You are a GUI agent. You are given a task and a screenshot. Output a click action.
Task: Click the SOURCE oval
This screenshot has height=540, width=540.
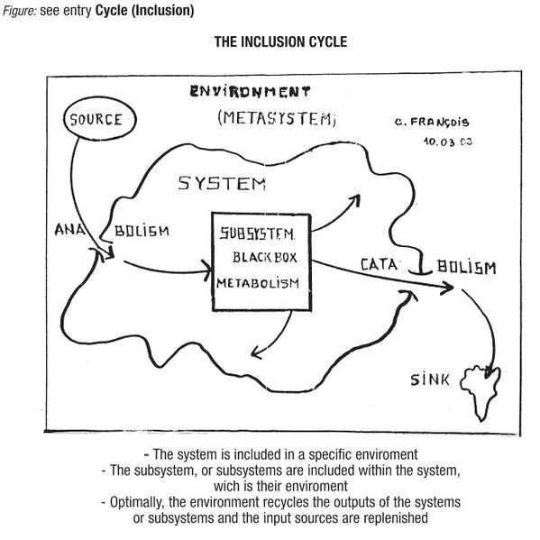pos(96,120)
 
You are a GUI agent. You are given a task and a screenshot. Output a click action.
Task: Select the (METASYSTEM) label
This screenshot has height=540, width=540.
pos(276,119)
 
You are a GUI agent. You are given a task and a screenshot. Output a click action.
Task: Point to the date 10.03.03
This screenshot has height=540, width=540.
pos(447,141)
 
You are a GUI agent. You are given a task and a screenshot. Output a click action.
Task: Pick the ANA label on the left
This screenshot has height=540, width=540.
pos(65,229)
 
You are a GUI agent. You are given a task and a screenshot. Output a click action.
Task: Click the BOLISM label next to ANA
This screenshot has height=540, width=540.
pos(142,231)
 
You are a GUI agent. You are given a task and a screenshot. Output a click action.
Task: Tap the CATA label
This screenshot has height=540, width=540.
pos(380,265)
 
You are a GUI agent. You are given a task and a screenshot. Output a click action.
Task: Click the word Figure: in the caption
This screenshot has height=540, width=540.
pos(19,11)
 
